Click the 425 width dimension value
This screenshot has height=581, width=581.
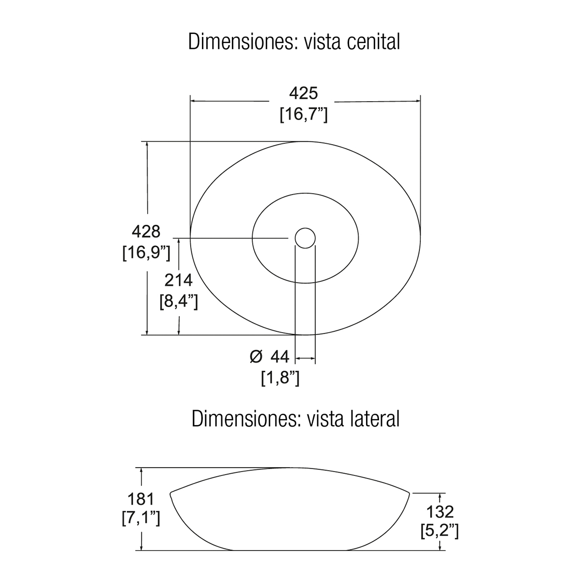click(x=303, y=93)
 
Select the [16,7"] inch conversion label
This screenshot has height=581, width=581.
click(x=304, y=115)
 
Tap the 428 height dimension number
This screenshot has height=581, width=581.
click(x=146, y=231)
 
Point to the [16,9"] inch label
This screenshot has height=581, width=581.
click(x=146, y=252)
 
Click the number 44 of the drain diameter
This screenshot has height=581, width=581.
click(x=279, y=357)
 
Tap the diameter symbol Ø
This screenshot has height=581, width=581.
click(x=256, y=357)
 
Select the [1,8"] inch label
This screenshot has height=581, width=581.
click(x=280, y=378)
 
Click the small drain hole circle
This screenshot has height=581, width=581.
click(x=305, y=238)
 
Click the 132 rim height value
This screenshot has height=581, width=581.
click(x=440, y=511)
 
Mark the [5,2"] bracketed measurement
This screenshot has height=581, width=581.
click(x=440, y=532)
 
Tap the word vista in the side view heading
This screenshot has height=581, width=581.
click(x=323, y=419)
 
